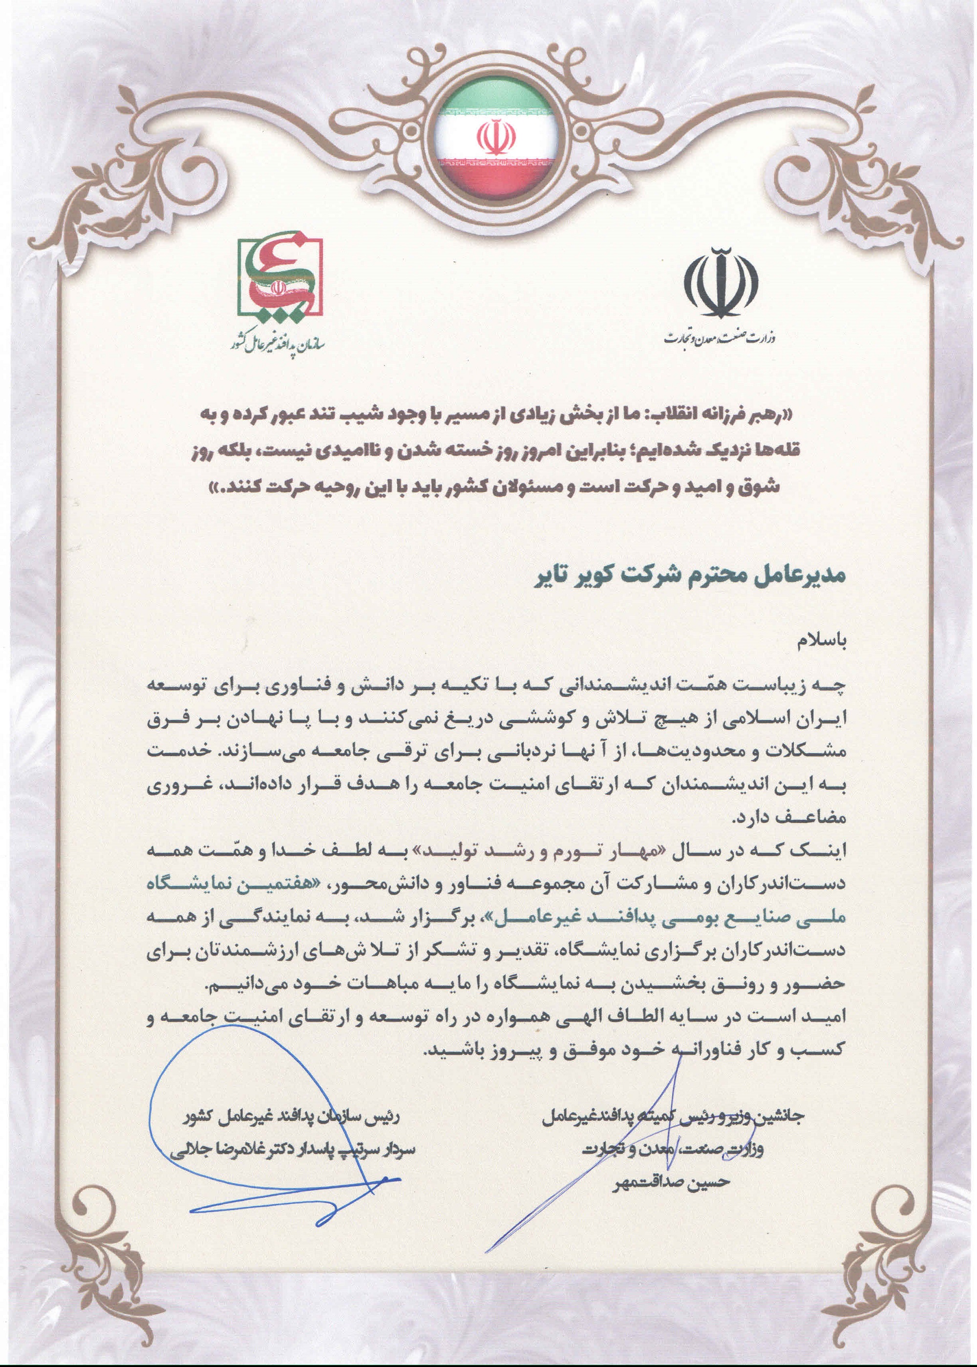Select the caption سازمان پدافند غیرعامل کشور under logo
278,344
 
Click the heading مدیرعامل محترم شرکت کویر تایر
691,576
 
